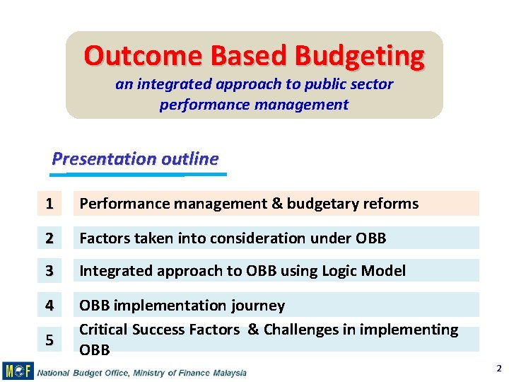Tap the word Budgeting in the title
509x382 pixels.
coord(360,55)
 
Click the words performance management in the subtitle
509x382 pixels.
coord(254,105)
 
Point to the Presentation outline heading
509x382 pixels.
coord(135,158)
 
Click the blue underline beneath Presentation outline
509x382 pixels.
coord(139,173)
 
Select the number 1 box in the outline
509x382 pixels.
coord(49,204)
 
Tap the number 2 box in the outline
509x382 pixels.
coord(49,238)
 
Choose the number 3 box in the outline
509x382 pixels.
coord(49,271)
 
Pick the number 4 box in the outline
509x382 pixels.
coord(49,305)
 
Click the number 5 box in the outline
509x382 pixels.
coord(49,340)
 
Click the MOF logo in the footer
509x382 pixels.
coord(18,371)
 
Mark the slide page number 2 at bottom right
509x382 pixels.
coord(498,369)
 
